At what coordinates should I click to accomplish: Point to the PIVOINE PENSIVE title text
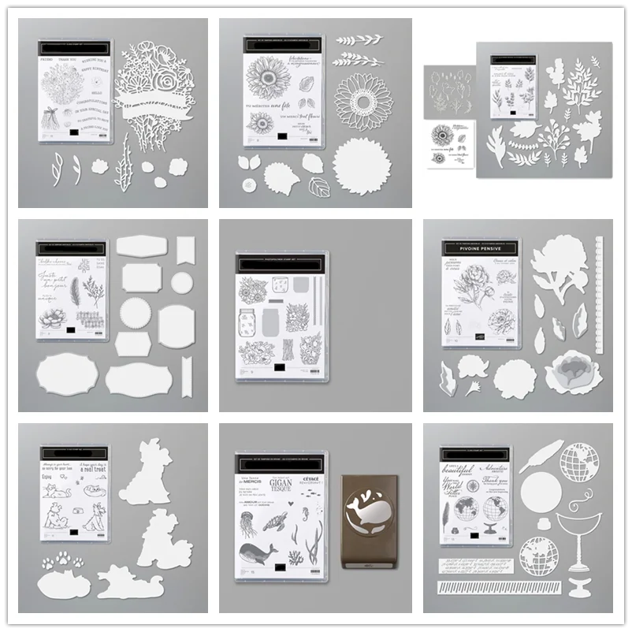480,255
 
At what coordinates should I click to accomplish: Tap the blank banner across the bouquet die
162,99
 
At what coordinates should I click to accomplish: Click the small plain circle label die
182,281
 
